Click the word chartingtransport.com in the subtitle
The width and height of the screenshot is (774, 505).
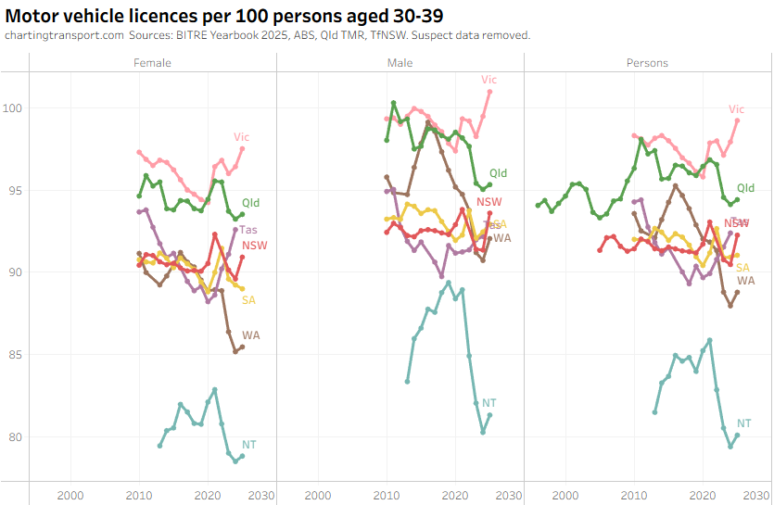pyautogui.click(x=64, y=35)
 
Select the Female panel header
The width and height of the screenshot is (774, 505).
pyautogui.click(x=152, y=63)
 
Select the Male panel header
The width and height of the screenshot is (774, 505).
pyautogui.click(x=400, y=63)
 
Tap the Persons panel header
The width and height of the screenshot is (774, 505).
pyautogui.click(x=647, y=63)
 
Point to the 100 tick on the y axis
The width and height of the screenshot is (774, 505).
pyautogui.click(x=15, y=108)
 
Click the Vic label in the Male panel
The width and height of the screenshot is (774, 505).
pyautogui.click(x=489, y=80)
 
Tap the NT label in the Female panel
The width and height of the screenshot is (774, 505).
pyautogui.click(x=248, y=445)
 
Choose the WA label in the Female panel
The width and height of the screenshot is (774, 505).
pyautogui.click(x=251, y=335)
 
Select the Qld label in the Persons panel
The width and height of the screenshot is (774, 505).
pyautogui.click(x=745, y=188)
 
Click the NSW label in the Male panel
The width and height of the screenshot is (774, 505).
pyautogui.click(x=489, y=202)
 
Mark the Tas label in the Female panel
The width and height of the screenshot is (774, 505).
pyautogui.click(x=248, y=230)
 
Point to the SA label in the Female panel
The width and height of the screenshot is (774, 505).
pyautogui.click(x=248, y=299)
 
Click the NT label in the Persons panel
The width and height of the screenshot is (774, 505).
pyautogui.click(x=743, y=423)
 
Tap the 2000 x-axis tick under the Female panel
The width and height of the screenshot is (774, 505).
pyautogui.click(x=70, y=494)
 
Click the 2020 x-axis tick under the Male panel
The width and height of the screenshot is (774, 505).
pyautogui.click(x=455, y=494)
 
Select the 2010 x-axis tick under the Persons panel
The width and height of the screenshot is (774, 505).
pyautogui.click(x=634, y=494)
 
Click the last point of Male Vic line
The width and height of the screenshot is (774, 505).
pyautogui.click(x=489, y=92)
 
